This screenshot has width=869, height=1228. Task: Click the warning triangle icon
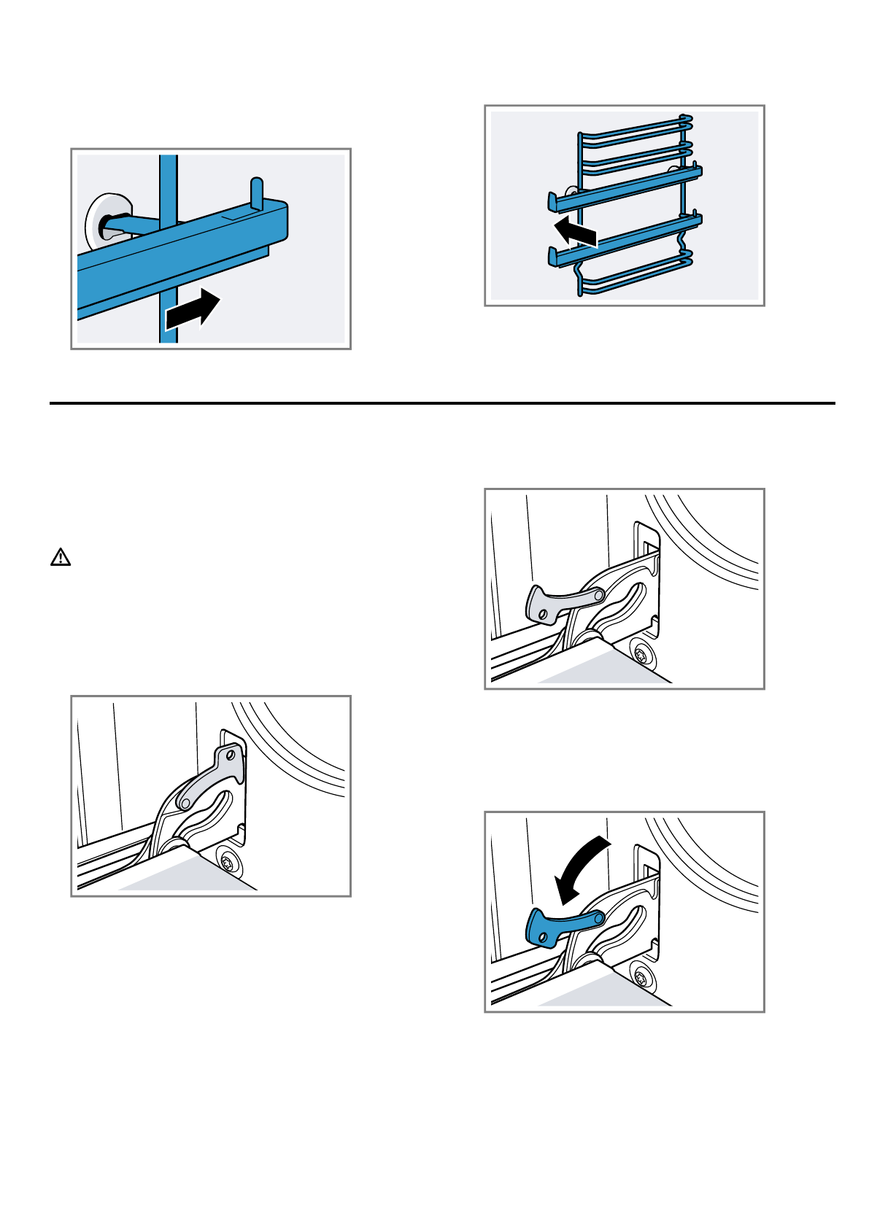[61, 558]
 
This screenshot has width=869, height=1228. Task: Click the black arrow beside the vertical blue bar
[193, 311]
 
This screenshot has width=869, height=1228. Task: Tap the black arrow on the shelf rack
[576, 233]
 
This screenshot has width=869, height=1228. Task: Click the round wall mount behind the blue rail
[104, 221]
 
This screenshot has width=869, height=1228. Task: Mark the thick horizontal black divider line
[442, 403]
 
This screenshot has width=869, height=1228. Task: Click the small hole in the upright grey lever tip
[231, 750]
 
